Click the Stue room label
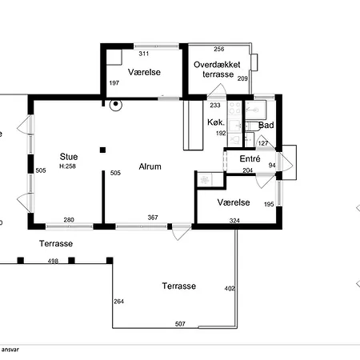click(x=69, y=157)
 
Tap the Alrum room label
click(x=150, y=166)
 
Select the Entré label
click(x=250, y=158)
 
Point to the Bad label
click(x=266, y=125)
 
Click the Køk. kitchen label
click(x=216, y=122)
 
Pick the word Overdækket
click(x=217, y=65)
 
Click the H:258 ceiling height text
click(x=68, y=166)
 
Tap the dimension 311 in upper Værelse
click(x=144, y=54)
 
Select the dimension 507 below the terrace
click(x=180, y=324)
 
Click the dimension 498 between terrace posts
click(x=53, y=261)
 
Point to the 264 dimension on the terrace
click(x=118, y=302)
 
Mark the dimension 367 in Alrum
click(x=153, y=218)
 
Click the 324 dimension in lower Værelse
click(x=234, y=221)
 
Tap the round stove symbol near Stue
click(x=116, y=105)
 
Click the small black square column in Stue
click(x=102, y=150)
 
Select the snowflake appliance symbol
click(x=205, y=180)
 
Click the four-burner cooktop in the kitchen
click(x=235, y=108)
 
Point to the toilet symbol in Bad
click(x=252, y=126)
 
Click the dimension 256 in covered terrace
click(x=219, y=49)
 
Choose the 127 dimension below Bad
click(x=263, y=143)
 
